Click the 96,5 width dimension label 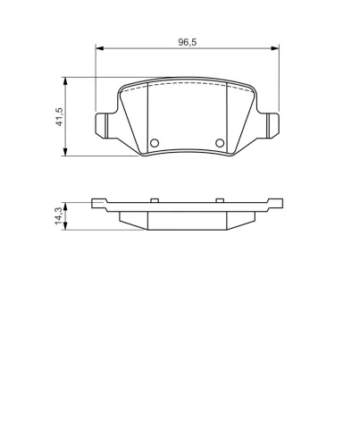pyautogui.click(x=188, y=42)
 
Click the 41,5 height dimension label pyautogui.click(x=60, y=116)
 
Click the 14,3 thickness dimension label pyautogui.click(x=59, y=215)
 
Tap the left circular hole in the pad pyautogui.click(x=155, y=143)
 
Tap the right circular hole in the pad pyautogui.click(x=220, y=143)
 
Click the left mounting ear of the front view pyautogui.click(x=101, y=125)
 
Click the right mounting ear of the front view pyautogui.click(x=273, y=125)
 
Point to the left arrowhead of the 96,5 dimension pyautogui.click(x=99, y=48)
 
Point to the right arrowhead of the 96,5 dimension pyautogui.click(x=275, y=48)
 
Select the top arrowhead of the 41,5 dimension pyautogui.click(x=65, y=81)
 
